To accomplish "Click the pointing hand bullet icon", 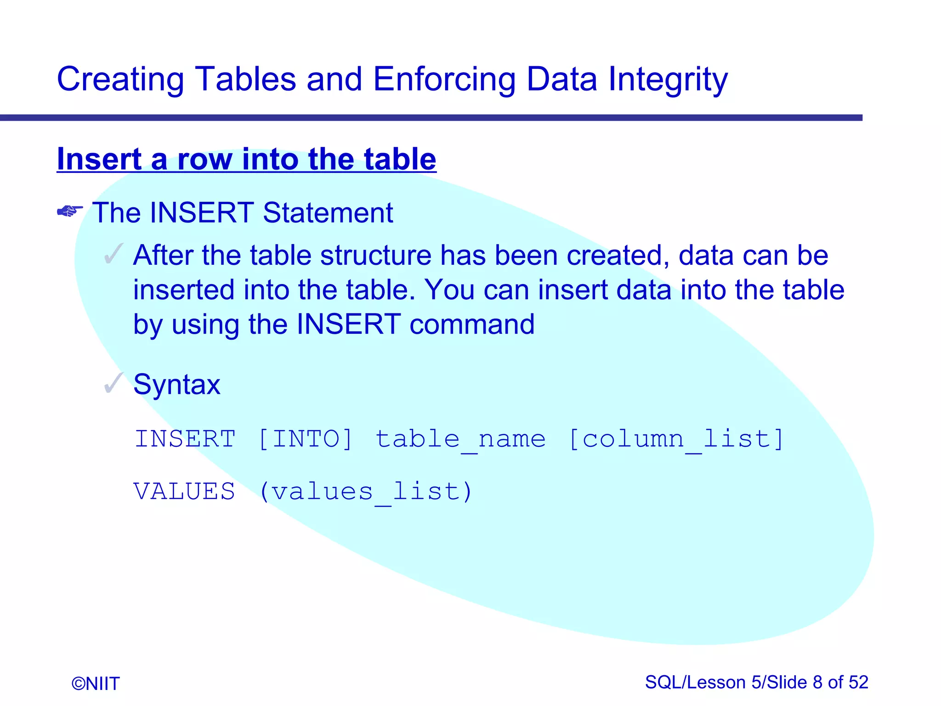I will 70,211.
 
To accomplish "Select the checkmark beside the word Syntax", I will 113,383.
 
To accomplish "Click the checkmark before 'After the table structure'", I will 113,254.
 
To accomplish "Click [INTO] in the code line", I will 306,438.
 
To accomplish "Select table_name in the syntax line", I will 461,439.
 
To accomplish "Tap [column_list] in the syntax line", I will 676,439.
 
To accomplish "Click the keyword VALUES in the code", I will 184,491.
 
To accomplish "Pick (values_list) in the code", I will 366,492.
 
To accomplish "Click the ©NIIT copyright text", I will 96,684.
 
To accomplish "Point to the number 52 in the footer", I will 858,683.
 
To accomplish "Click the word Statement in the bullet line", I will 328,213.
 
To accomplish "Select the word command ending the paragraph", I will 472,325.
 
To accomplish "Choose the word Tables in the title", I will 246,79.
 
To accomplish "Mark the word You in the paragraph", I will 449,290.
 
